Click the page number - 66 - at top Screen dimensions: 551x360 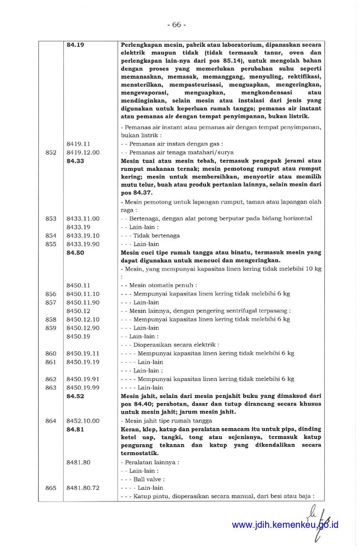[176, 24]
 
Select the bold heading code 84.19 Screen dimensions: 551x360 [75, 45]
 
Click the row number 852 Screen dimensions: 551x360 [50, 152]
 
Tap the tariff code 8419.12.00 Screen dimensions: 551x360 [83, 152]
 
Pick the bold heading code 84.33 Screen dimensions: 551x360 [75, 160]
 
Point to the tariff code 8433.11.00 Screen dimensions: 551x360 [83, 218]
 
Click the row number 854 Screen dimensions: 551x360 [50, 236]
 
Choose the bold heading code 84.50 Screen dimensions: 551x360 [75, 252]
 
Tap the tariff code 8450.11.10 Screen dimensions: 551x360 [83, 294]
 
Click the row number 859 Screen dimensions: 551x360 [50, 328]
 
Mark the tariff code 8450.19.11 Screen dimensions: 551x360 [83, 353]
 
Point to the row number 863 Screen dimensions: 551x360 [50, 387]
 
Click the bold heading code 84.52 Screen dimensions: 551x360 [75, 395]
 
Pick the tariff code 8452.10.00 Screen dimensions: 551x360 [83, 421]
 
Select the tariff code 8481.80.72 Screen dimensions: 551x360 [83, 488]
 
